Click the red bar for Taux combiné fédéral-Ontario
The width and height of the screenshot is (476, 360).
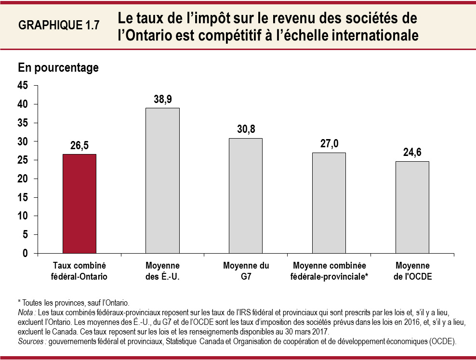point(79,204)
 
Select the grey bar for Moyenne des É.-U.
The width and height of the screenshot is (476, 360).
point(162,180)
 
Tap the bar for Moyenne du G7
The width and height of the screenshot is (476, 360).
point(246,195)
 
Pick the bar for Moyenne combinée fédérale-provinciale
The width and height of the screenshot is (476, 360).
point(329,203)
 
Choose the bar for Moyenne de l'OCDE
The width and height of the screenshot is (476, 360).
point(412,207)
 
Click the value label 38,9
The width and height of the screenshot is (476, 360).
point(163,99)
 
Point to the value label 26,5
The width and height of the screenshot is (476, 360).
point(79,145)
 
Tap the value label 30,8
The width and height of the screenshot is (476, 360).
point(246,129)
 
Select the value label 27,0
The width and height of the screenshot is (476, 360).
point(329,144)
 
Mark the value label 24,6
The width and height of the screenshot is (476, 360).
point(412,153)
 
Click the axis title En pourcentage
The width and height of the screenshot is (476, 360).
point(58,68)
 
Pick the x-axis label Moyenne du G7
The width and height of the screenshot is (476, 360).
point(246,271)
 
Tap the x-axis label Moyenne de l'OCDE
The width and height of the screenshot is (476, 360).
point(412,271)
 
